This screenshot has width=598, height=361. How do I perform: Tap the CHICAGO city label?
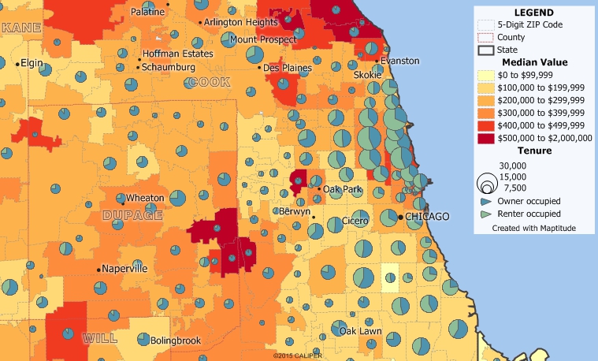click(428, 216)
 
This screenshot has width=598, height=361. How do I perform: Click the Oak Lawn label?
click(360, 331)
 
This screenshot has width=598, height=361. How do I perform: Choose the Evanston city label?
click(400, 61)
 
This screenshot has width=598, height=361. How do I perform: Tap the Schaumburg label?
click(169, 67)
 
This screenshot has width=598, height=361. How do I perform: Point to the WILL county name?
click(100, 338)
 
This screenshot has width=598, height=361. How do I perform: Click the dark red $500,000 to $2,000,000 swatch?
click(486, 137)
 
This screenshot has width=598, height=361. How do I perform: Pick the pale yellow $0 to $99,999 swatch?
click(486, 74)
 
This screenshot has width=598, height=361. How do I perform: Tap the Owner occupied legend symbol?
click(486, 202)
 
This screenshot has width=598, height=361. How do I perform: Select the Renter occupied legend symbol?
click(486, 214)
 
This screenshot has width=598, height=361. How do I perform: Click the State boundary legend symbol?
click(486, 50)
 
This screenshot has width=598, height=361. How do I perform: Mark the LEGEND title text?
click(533, 13)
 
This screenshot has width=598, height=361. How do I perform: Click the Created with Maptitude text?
click(533, 228)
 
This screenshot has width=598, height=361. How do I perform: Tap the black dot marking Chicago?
click(400, 216)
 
